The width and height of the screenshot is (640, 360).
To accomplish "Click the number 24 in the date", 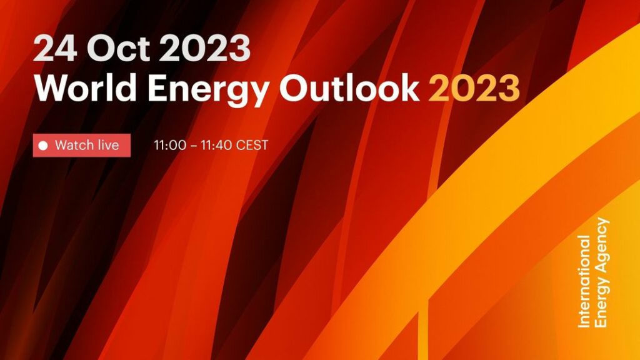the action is pyautogui.click(x=55, y=48).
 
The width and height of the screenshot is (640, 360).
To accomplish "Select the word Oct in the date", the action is pyautogui.click(x=118, y=48).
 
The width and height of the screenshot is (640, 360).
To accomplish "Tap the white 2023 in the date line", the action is pyautogui.click(x=204, y=48).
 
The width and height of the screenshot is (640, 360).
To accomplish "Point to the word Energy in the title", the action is pyautogui.click(x=208, y=91).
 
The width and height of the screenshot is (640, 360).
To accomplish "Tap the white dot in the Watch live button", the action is pyautogui.click(x=43, y=145).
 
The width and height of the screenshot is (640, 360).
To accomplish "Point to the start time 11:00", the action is pyautogui.click(x=170, y=145).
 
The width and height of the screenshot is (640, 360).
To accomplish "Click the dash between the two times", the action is pyautogui.click(x=194, y=146).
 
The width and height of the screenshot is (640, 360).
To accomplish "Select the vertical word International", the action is pyautogui.click(x=584, y=281).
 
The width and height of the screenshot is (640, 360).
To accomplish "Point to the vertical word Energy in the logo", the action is pyautogui.click(x=602, y=302).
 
